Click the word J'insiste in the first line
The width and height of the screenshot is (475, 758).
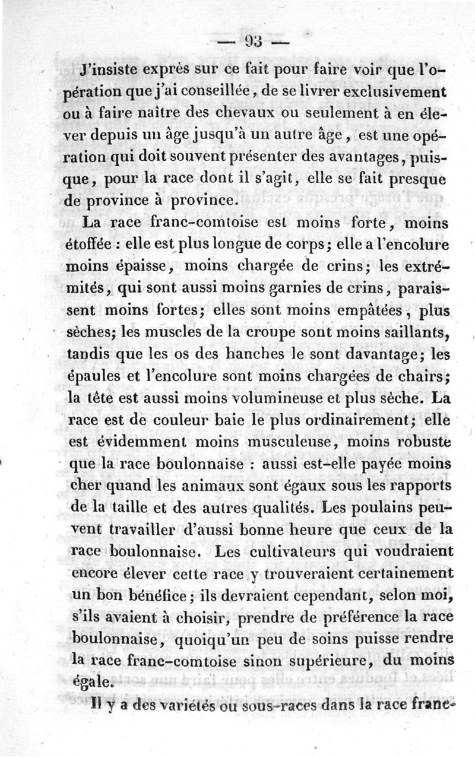pyautogui.click(x=111, y=69)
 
